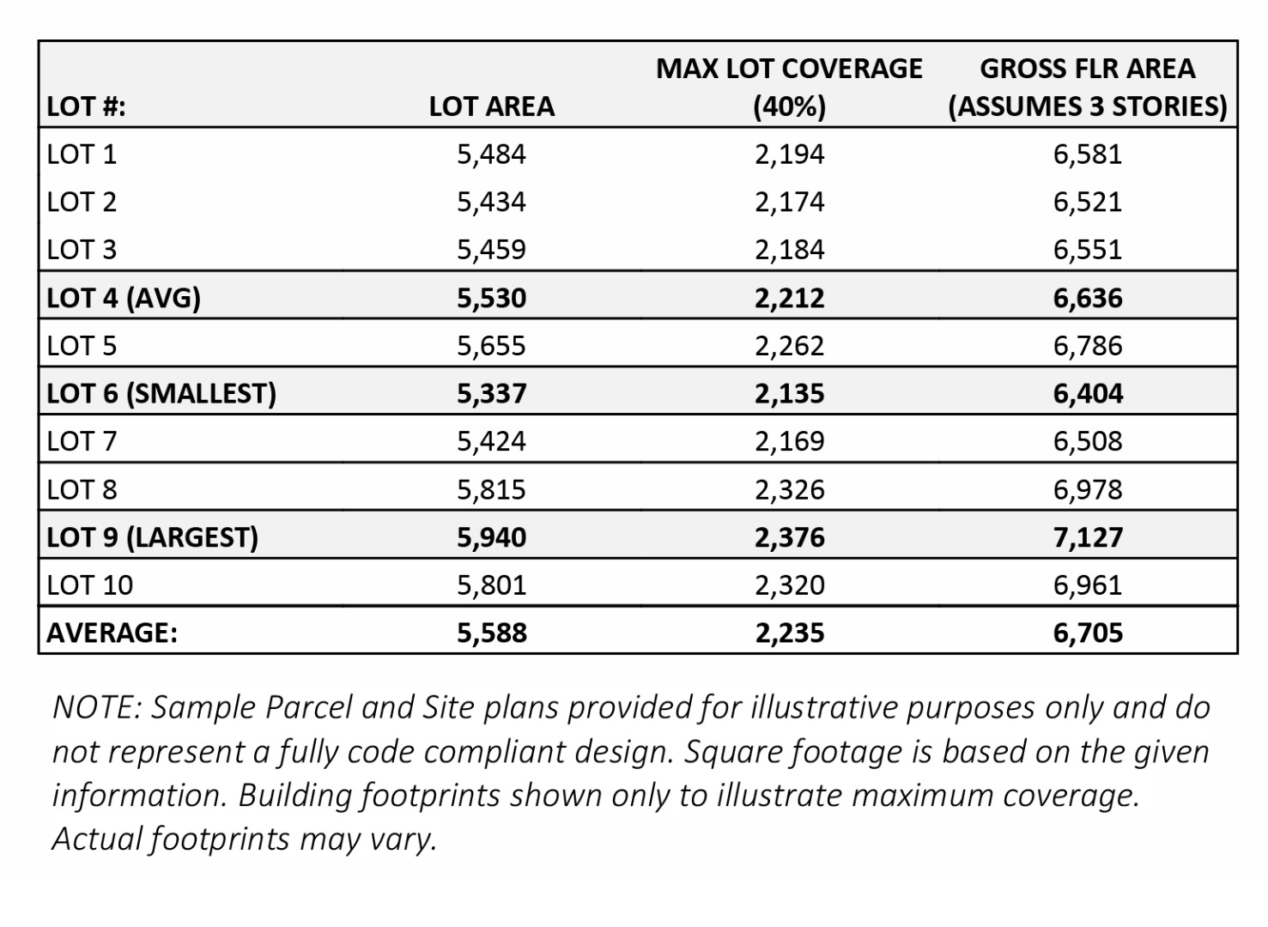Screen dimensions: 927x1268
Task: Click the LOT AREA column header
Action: (x=491, y=106)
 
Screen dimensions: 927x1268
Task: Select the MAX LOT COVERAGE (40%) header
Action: (x=789, y=87)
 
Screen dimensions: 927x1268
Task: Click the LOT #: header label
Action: (x=86, y=106)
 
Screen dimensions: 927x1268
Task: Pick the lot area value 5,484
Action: (x=491, y=154)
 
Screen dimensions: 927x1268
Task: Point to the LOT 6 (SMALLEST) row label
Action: (x=161, y=393)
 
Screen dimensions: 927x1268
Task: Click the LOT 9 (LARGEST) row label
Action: (x=152, y=537)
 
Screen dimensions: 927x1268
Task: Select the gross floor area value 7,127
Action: (x=1087, y=537)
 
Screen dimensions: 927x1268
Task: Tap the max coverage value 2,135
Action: (x=789, y=393)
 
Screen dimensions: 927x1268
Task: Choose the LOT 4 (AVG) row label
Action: (x=124, y=298)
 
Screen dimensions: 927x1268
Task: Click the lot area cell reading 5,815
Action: (x=491, y=489)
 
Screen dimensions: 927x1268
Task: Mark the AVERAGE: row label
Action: (x=112, y=633)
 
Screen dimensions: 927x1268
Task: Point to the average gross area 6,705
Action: (x=1087, y=633)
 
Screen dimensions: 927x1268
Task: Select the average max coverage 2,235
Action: (x=789, y=633)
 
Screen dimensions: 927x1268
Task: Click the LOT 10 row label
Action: (x=90, y=585)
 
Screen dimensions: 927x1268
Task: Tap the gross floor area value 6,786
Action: (x=1087, y=346)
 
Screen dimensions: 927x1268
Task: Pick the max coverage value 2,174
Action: (x=789, y=203)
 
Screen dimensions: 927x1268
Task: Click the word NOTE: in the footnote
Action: (x=96, y=707)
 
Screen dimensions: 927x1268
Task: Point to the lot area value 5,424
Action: (x=491, y=441)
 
